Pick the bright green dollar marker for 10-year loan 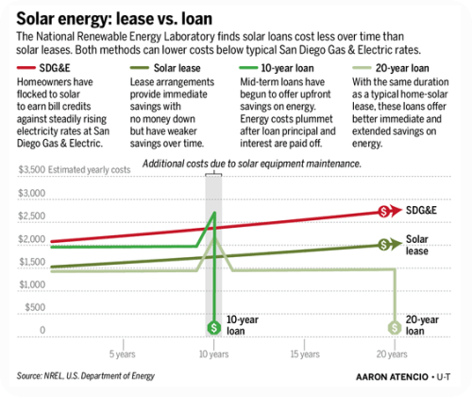[214, 327]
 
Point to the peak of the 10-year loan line [215, 213]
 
